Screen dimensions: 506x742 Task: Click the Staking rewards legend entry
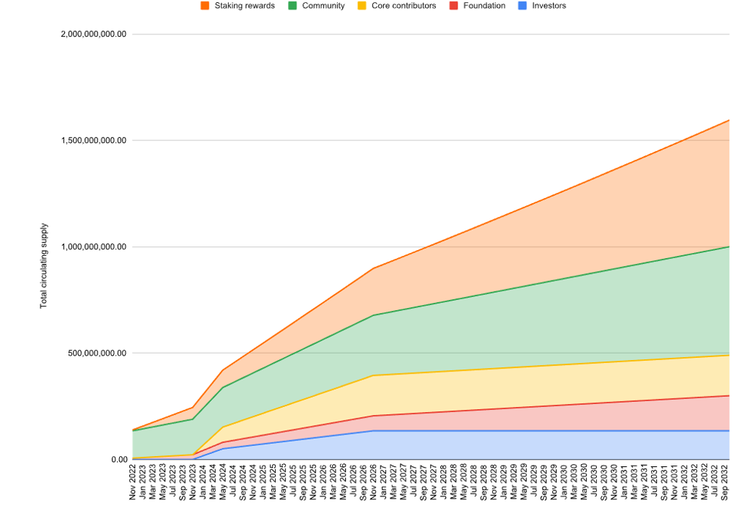(x=244, y=6)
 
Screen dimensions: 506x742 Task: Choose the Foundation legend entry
(x=484, y=6)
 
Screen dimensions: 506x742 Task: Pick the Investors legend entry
(x=549, y=6)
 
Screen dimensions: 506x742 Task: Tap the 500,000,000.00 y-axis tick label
(x=97, y=353)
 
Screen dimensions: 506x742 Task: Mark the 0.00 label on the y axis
(x=119, y=460)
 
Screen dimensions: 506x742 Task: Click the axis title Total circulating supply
(x=43, y=266)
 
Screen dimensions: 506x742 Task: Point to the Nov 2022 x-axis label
(x=133, y=482)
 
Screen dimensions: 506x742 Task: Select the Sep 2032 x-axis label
(x=724, y=482)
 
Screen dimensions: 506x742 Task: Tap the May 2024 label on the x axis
(x=223, y=482)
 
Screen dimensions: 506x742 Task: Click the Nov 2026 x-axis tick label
(x=372, y=482)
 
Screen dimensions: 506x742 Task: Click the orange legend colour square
(x=205, y=6)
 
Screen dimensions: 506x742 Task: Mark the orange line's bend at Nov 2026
(x=372, y=268)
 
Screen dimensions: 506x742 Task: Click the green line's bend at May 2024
(x=223, y=387)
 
